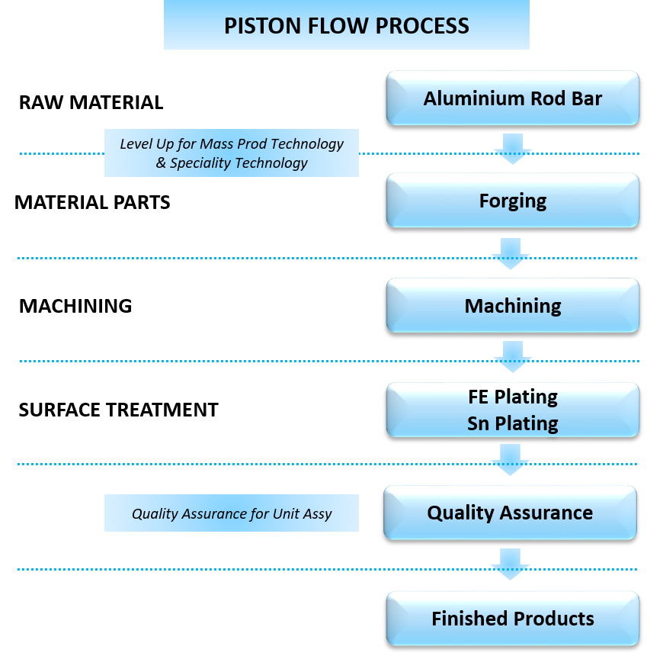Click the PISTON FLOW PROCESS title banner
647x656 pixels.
[x=346, y=25]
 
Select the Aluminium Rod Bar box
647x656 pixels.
[x=512, y=98]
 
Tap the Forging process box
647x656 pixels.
[x=512, y=201]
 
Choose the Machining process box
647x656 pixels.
[x=512, y=306]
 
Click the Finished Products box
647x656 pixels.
[x=512, y=618]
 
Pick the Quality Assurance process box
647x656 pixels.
[x=510, y=513]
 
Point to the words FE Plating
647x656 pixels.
[x=512, y=397]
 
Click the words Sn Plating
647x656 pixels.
[x=512, y=423]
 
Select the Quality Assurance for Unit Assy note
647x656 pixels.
[x=231, y=513]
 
